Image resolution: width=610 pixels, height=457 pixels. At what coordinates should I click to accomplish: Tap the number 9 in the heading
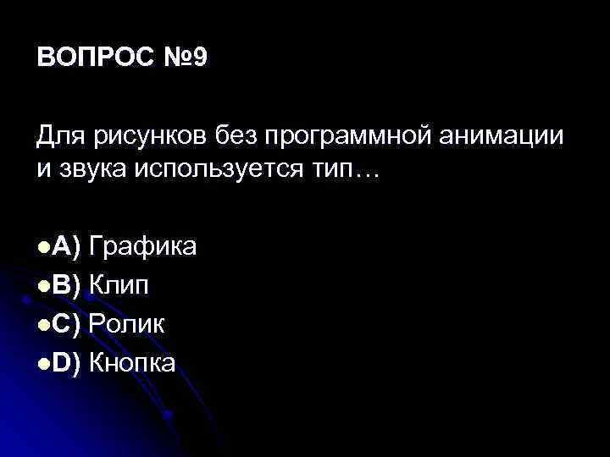(x=198, y=59)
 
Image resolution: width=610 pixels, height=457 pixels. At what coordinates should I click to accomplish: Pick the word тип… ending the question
(x=352, y=170)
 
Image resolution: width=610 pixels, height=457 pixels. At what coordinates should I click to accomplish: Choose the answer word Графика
(x=143, y=247)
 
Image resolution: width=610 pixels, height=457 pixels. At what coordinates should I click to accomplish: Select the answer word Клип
(x=119, y=285)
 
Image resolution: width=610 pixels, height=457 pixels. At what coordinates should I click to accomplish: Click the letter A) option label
(x=66, y=247)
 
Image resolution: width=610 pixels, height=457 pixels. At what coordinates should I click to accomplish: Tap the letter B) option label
(x=66, y=285)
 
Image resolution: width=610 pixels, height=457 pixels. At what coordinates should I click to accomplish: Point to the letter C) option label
(x=66, y=324)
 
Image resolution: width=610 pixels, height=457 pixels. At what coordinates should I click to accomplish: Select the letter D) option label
(x=66, y=363)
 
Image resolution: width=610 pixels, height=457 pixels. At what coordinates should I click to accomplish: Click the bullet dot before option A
(x=43, y=248)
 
